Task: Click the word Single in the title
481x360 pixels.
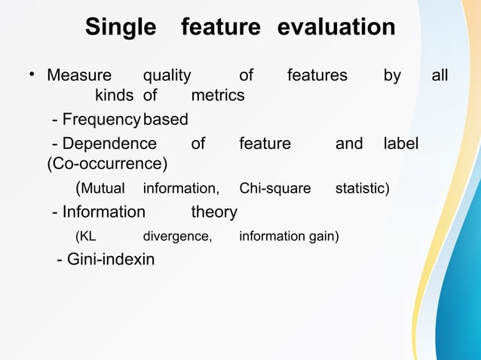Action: [x=120, y=28]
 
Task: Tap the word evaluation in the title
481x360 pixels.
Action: [x=336, y=28]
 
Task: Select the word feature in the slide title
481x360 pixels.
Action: [x=220, y=28]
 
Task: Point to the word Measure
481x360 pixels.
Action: [x=79, y=75]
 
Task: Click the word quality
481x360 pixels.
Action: [x=167, y=75]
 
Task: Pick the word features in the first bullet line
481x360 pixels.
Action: [x=317, y=75]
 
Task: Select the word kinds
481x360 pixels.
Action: [x=114, y=96]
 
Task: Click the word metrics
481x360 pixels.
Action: [x=218, y=96]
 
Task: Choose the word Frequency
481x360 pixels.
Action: [x=102, y=120]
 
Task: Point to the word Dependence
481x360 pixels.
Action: [x=109, y=143]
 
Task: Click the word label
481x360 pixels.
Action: [x=401, y=143]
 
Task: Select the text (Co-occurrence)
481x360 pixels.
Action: [x=108, y=163]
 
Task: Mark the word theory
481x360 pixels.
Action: [x=214, y=212]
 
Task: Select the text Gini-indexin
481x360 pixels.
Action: [x=111, y=261]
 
